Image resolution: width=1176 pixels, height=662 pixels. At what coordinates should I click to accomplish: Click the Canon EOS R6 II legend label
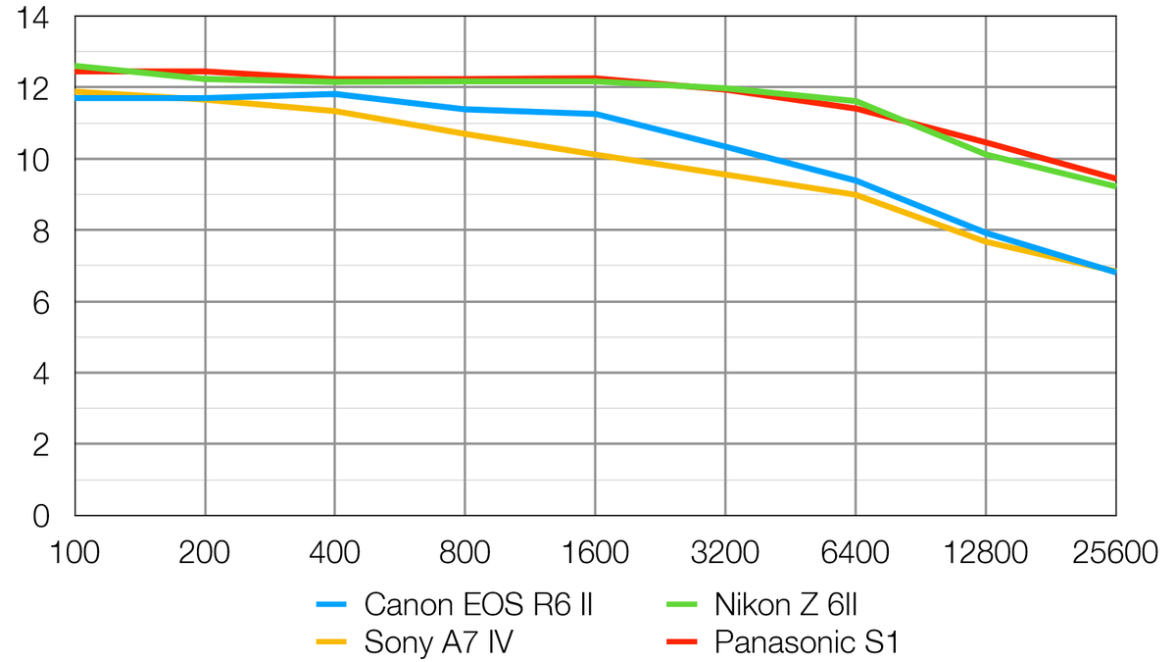pyautogui.click(x=478, y=603)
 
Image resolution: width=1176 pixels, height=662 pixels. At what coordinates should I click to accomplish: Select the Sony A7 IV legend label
pyautogui.click(x=438, y=642)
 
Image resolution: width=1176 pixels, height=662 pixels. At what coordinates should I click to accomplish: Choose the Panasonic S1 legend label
pyautogui.click(x=807, y=642)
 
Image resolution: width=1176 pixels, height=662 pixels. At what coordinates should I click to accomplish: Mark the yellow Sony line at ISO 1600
pyautogui.click(x=595, y=154)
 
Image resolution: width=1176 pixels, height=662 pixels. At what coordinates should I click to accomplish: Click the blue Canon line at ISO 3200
pyautogui.click(x=725, y=147)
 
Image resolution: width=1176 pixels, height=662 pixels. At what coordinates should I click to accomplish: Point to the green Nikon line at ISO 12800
pyautogui.click(x=986, y=155)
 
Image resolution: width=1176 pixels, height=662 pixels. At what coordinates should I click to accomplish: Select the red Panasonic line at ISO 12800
pyautogui.click(x=986, y=142)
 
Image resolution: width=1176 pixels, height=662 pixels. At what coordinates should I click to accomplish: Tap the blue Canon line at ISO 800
pyautogui.click(x=465, y=109)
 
